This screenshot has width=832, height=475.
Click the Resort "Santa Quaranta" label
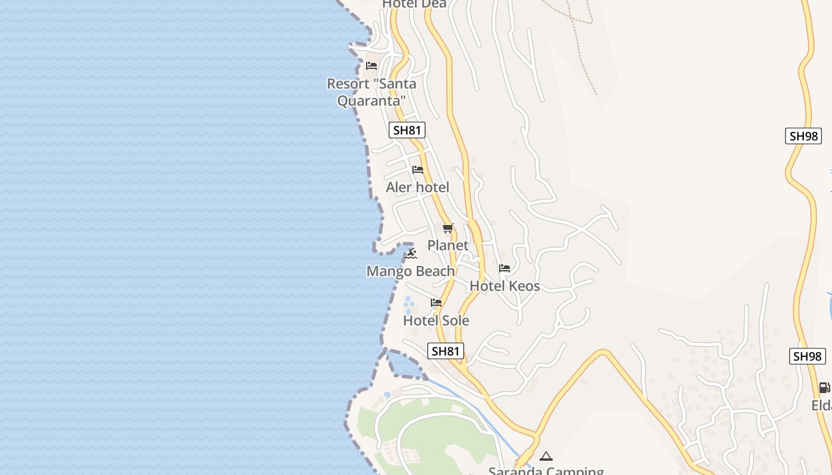pyautogui.click(x=371, y=92)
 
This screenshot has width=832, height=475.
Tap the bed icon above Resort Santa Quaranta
pyautogui.click(x=371, y=65)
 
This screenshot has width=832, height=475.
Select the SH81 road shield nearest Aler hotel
pyautogui.click(x=407, y=130)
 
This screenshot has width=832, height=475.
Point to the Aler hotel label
pyautogui.click(x=417, y=188)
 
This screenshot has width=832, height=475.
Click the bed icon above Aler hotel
pyautogui.click(x=418, y=170)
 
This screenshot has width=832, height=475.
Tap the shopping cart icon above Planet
pyautogui.click(x=448, y=228)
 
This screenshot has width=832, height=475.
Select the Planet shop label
pyautogui.click(x=448, y=245)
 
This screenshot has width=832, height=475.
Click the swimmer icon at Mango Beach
pyautogui.click(x=411, y=254)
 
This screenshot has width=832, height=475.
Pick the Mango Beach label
pyautogui.click(x=411, y=271)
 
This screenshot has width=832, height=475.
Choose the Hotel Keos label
pyautogui.click(x=505, y=286)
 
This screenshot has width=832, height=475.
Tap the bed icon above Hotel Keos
pyautogui.click(x=505, y=268)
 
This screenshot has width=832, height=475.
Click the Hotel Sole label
pyautogui.click(x=436, y=321)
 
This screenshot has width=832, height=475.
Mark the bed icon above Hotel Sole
pyautogui.click(x=436, y=303)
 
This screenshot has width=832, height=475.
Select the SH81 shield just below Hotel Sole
pyautogui.click(x=446, y=351)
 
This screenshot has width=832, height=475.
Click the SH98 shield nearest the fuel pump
pyautogui.click(x=808, y=356)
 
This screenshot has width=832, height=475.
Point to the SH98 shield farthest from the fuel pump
pyautogui.click(x=803, y=136)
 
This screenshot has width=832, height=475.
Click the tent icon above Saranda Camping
pyautogui.click(x=546, y=456)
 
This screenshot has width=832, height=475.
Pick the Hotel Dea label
pyautogui.click(x=414, y=4)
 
